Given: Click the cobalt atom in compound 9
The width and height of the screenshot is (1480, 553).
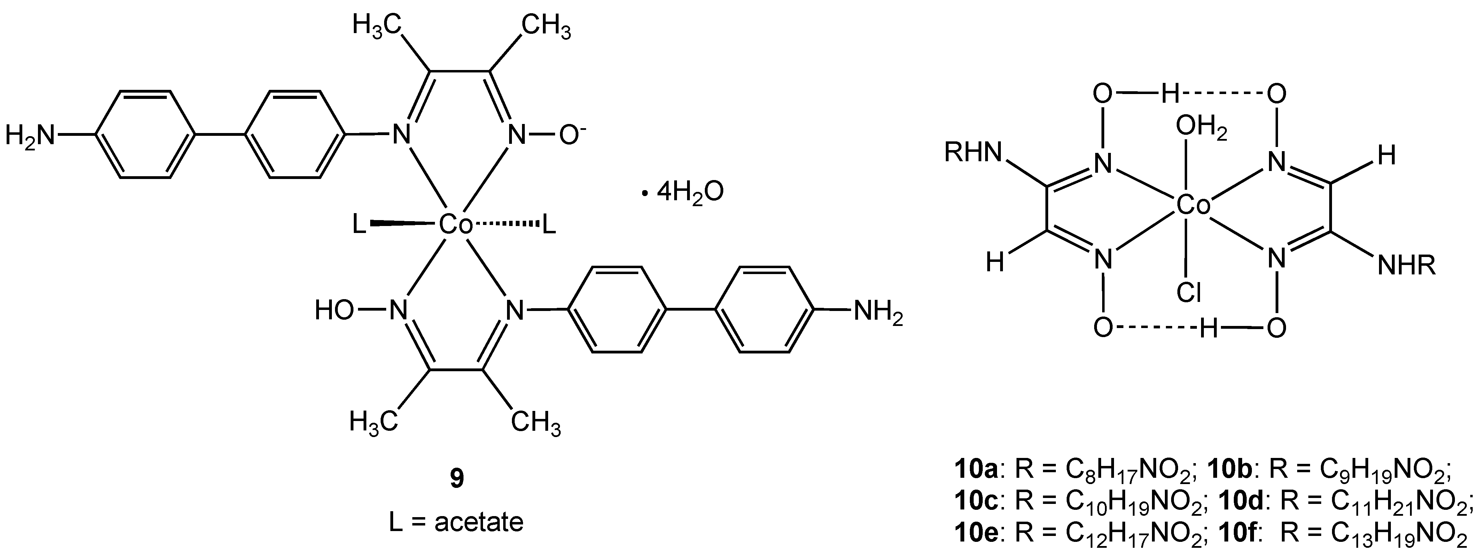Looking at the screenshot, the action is (x=455, y=225).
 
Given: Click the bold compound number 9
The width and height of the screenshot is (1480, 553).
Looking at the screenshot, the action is (x=457, y=478).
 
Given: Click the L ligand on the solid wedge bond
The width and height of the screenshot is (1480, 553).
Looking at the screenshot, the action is (x=359, y=225).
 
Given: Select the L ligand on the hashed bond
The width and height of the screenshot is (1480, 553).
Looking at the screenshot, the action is (x=549, y=225).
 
